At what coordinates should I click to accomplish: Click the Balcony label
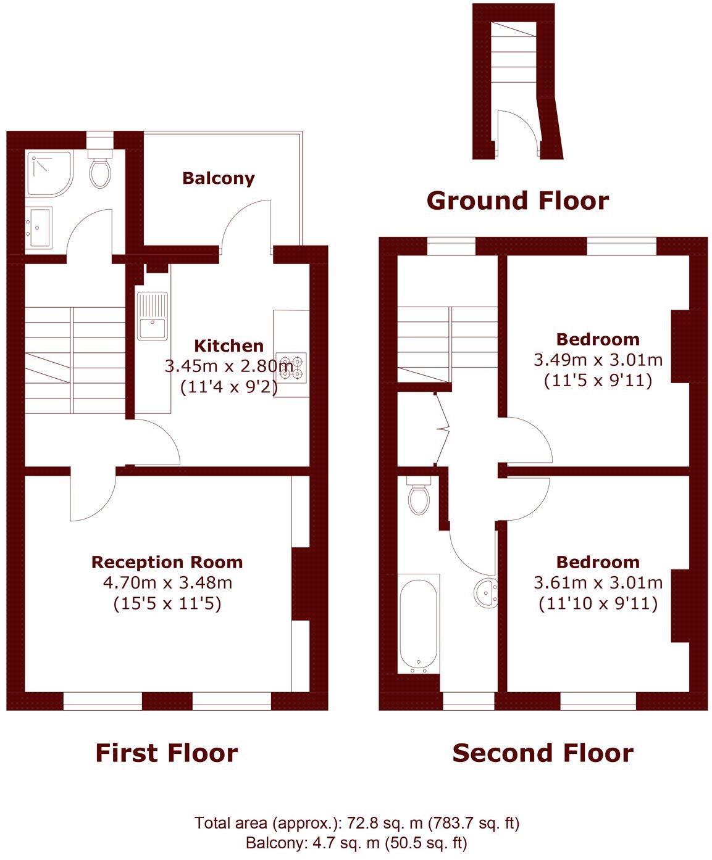click(218, 179)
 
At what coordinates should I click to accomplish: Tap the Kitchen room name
click(228, 345)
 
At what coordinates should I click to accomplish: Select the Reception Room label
click(167, 562)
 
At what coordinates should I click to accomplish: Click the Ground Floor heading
click(517, 201)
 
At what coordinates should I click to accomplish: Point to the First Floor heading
click(166, 753)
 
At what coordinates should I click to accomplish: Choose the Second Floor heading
click(543, 753)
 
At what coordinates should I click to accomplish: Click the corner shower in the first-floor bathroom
click(49, 173)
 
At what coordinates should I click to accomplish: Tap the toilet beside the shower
click(100, 171)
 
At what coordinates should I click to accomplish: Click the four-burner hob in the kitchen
click(292, 366)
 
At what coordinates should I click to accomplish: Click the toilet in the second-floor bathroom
click(419, 496)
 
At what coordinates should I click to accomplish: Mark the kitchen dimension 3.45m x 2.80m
click(228, 366)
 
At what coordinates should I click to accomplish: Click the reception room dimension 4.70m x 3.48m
click(167, 582)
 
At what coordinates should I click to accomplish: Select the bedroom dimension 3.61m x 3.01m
click(598, 582)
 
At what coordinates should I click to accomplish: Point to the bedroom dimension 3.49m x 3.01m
click(598, 360)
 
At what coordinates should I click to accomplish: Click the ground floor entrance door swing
click(512, 131)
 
